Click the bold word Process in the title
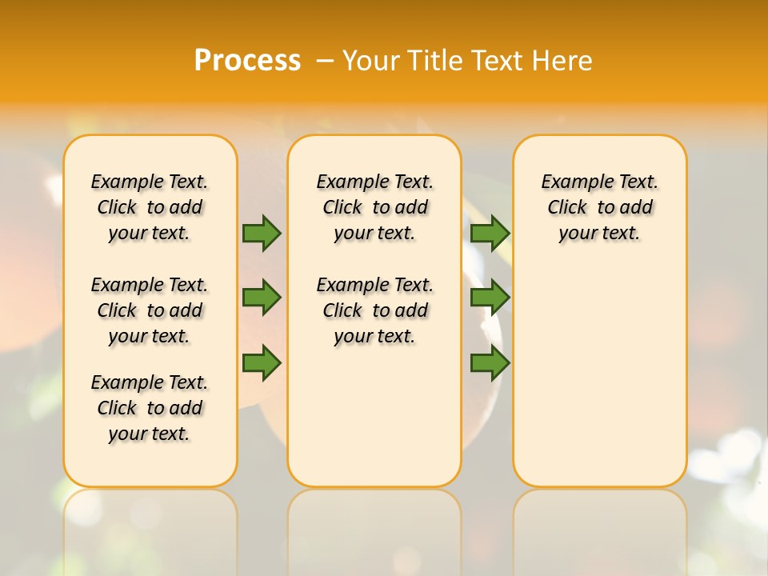point(247,60)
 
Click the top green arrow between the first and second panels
point(262,233)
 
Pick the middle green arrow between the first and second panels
point(262,298)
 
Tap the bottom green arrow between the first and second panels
point(262,362)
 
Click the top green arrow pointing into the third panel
point(490,233)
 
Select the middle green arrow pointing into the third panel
point(490,298)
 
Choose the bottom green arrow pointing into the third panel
point(490,362)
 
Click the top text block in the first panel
point(150,207)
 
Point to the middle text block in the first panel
point(150,310)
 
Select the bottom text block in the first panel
point(150,408)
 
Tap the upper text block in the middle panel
point(374,207)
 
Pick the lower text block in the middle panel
point(374,310)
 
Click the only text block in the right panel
point(599,207)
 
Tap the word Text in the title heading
point(495,60)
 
